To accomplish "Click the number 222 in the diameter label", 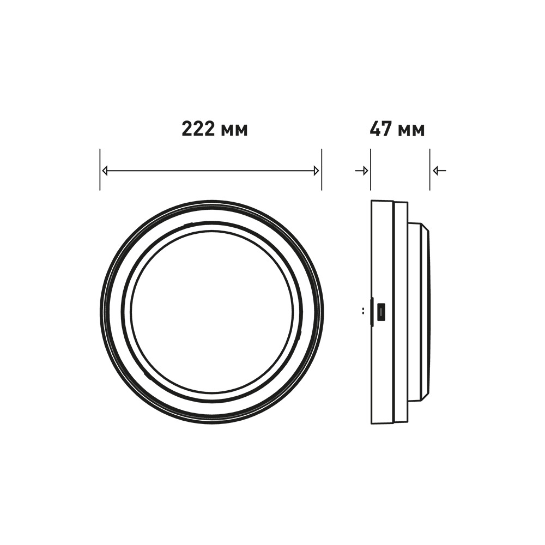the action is point(198,129).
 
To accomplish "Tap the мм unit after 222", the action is point(234,130).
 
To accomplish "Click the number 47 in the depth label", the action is point(380,129).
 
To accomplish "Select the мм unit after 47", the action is point(411,130).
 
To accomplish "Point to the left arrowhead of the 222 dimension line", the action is point(105,171).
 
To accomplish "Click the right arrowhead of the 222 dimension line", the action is point(316,171).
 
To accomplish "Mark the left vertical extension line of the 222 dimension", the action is point(100,169).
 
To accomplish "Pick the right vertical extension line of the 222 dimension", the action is point(322,169).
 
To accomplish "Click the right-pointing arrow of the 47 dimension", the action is point(361,171).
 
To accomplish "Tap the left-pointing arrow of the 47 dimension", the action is point(439,171).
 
